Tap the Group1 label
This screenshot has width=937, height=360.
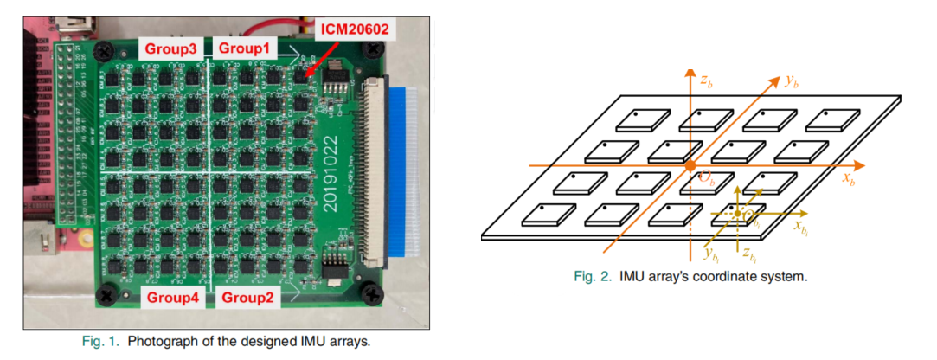point(246,48)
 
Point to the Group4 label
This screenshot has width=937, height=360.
point(172,298)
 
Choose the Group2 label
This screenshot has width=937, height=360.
point(246,298)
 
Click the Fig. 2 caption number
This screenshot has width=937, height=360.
point(594,277)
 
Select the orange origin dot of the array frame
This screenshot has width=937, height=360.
point(690,165)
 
